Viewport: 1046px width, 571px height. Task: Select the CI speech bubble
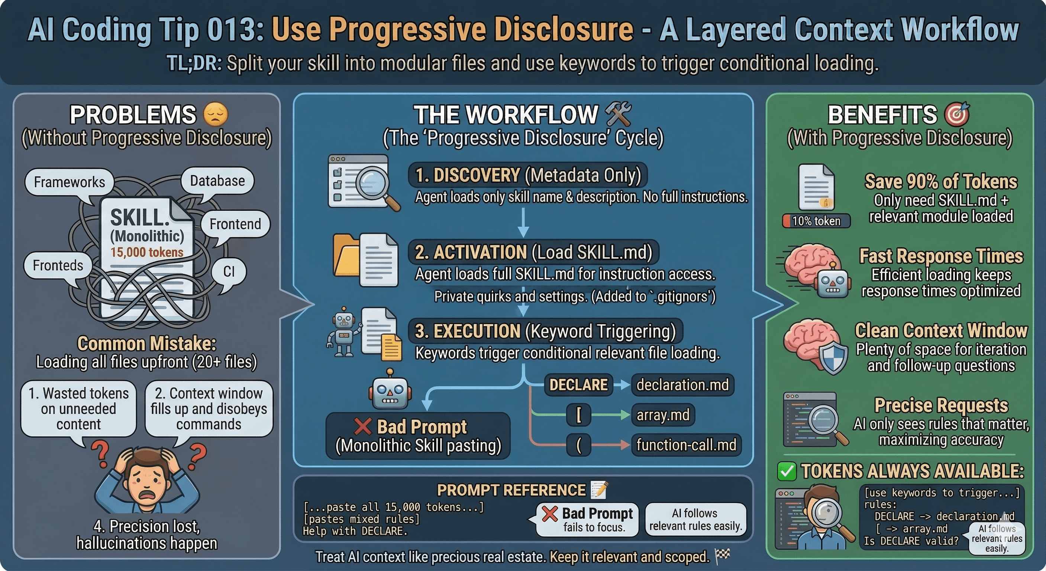coord(229,271)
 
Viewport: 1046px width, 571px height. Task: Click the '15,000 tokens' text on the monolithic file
coord(147,252)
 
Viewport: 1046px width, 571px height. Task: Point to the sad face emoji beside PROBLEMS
coord(215,114)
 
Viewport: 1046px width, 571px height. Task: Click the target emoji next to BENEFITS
coord(957,114)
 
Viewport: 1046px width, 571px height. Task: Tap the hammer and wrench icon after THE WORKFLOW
coord(618,114)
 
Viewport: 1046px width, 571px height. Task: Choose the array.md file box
coord(663,415)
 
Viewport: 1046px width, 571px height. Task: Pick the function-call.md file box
coord(686,445)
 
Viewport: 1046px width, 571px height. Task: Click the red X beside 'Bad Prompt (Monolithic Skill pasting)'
coord(363,426)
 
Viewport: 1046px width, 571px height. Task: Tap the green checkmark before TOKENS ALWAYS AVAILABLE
coord(787,471)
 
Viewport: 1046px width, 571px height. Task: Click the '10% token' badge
coord(816,221)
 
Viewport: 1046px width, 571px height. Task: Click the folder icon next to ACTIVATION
coord(346,260)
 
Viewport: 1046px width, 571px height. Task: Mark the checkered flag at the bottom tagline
coord(722,555)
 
